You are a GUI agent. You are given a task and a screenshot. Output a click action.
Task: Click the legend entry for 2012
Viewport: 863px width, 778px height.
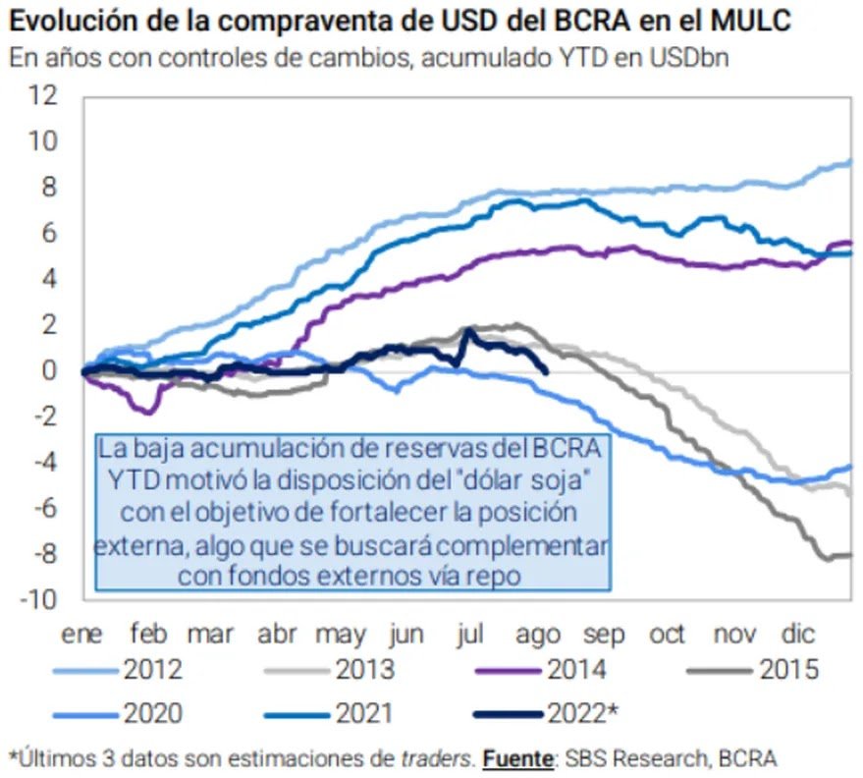(x=152, y=671)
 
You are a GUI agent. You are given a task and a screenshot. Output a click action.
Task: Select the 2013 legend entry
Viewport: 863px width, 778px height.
(x=364, y=671)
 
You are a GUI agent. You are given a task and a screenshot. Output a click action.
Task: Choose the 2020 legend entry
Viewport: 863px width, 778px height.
(x=152, y=712)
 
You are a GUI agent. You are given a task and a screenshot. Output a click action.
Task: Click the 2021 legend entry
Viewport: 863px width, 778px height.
(x=364, y=712)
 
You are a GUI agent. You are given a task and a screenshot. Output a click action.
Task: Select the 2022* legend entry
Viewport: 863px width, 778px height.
(x=583, y=712)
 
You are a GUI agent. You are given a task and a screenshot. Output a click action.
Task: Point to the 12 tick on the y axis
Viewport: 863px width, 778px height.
(x=44, y=96)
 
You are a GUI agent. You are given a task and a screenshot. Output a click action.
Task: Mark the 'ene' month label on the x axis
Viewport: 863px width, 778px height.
(x=82, y=635)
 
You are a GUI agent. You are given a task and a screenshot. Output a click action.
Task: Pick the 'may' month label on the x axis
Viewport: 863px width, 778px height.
(x=340, y=635)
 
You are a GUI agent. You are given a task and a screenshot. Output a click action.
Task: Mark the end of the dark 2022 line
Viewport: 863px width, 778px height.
(x=546, y=370)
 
